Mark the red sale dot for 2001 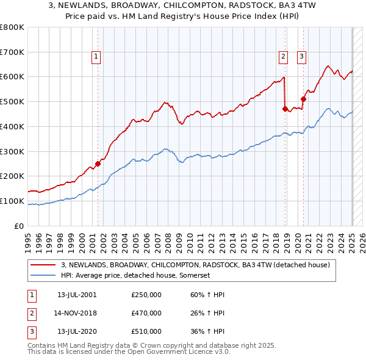tap(98, 164)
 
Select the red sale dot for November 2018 tap(285, 109)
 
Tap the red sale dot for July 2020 tap(303, 99)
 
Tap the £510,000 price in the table tap(146, 331)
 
